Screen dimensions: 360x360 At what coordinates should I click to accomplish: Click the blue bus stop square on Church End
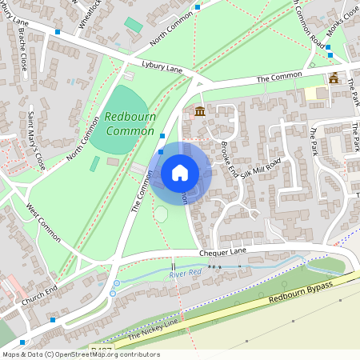click(x=53, y=320)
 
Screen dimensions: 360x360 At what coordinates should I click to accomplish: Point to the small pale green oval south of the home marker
click(x=161, y=214)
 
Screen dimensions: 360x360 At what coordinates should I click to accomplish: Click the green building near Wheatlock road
click(x=133, y=26)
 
